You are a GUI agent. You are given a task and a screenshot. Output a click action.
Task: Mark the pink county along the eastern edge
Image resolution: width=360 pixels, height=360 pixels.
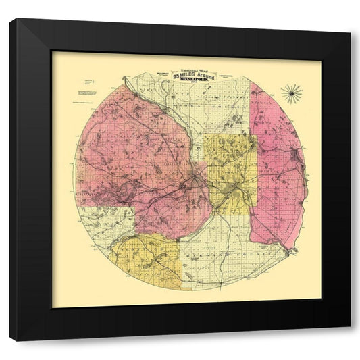click(x=277, y=169)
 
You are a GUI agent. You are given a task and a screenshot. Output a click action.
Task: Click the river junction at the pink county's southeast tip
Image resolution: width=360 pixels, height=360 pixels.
click(x=290, y=251)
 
